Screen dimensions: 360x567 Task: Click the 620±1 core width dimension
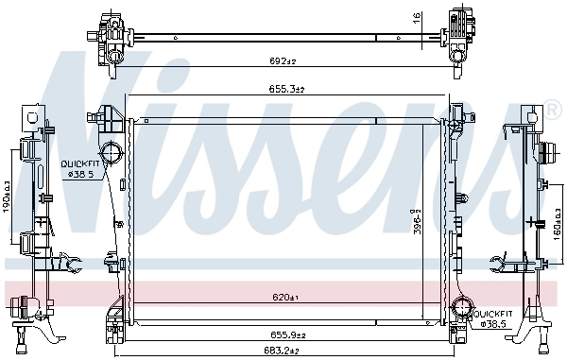(284, 298)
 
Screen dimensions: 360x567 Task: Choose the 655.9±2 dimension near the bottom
(283, 334)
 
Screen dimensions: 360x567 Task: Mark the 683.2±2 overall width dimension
(283, 352)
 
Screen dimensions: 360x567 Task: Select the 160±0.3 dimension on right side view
(558, 224)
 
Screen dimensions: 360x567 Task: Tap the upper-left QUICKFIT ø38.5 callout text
(79, 168)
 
